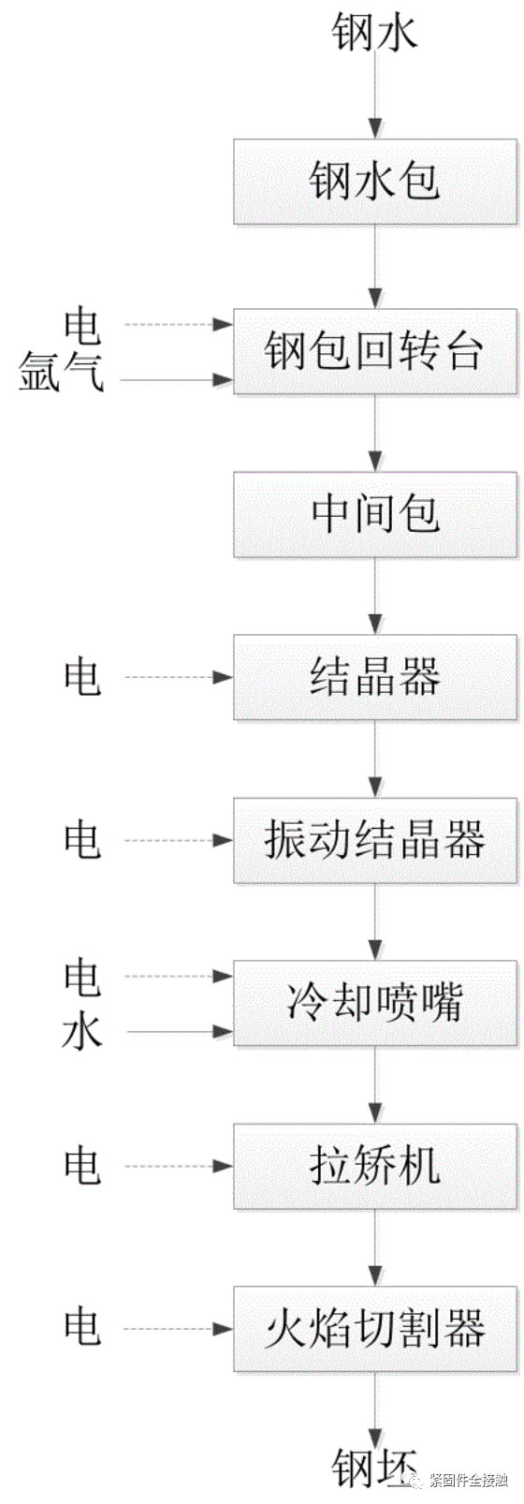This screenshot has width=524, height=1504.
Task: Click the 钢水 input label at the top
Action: [x=374, y=34]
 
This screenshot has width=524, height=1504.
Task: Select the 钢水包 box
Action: [x=375, y=182]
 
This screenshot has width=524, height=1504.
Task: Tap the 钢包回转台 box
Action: [x=375, y=351]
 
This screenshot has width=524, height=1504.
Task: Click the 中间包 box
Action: [x=375, y=514]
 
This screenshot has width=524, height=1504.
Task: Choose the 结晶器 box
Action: [x=375, y=677]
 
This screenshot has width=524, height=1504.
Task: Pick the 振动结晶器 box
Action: [x=375, y=840]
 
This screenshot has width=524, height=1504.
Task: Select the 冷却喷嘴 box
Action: [x=375, y=1003]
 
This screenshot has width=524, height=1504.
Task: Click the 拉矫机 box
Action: [x=375, y=1166]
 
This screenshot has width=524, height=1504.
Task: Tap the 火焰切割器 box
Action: [x=375, y=1329]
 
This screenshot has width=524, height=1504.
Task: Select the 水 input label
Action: [x=81, y=1032]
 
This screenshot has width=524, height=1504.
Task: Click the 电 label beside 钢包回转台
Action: [x=81, y=325]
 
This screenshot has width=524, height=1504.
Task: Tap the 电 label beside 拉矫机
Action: [x=81, y=1166]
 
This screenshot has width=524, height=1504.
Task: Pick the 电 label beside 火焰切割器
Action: [x=81, y=1328]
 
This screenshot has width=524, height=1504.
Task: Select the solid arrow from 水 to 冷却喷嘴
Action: [x=178, y=1032]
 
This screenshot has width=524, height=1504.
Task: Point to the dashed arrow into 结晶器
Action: [x=178, y=677]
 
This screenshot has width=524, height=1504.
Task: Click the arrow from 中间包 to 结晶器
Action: [x=375, y=597]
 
